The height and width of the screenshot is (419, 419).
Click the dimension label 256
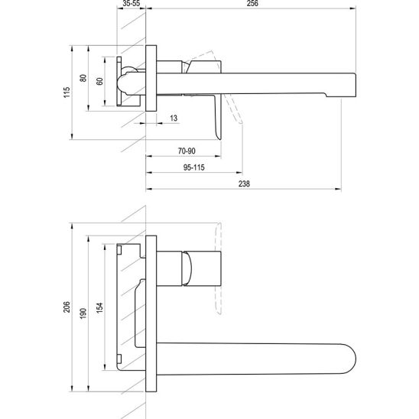(x=252, y=3)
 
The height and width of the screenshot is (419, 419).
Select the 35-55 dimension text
(x=132, y=3)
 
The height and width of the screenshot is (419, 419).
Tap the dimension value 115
(x=67, y=93)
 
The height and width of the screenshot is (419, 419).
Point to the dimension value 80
(x=83, y=78)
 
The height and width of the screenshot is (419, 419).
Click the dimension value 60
(x=99, y=81)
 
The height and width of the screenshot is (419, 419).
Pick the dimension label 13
(x=174, y=118)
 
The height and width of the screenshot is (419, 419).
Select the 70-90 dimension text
(x=187, y=151)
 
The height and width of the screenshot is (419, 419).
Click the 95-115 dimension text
(x=193, y=167)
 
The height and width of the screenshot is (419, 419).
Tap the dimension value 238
(x=244, y=184)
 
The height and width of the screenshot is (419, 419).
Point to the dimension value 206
(x=67, y=307)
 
